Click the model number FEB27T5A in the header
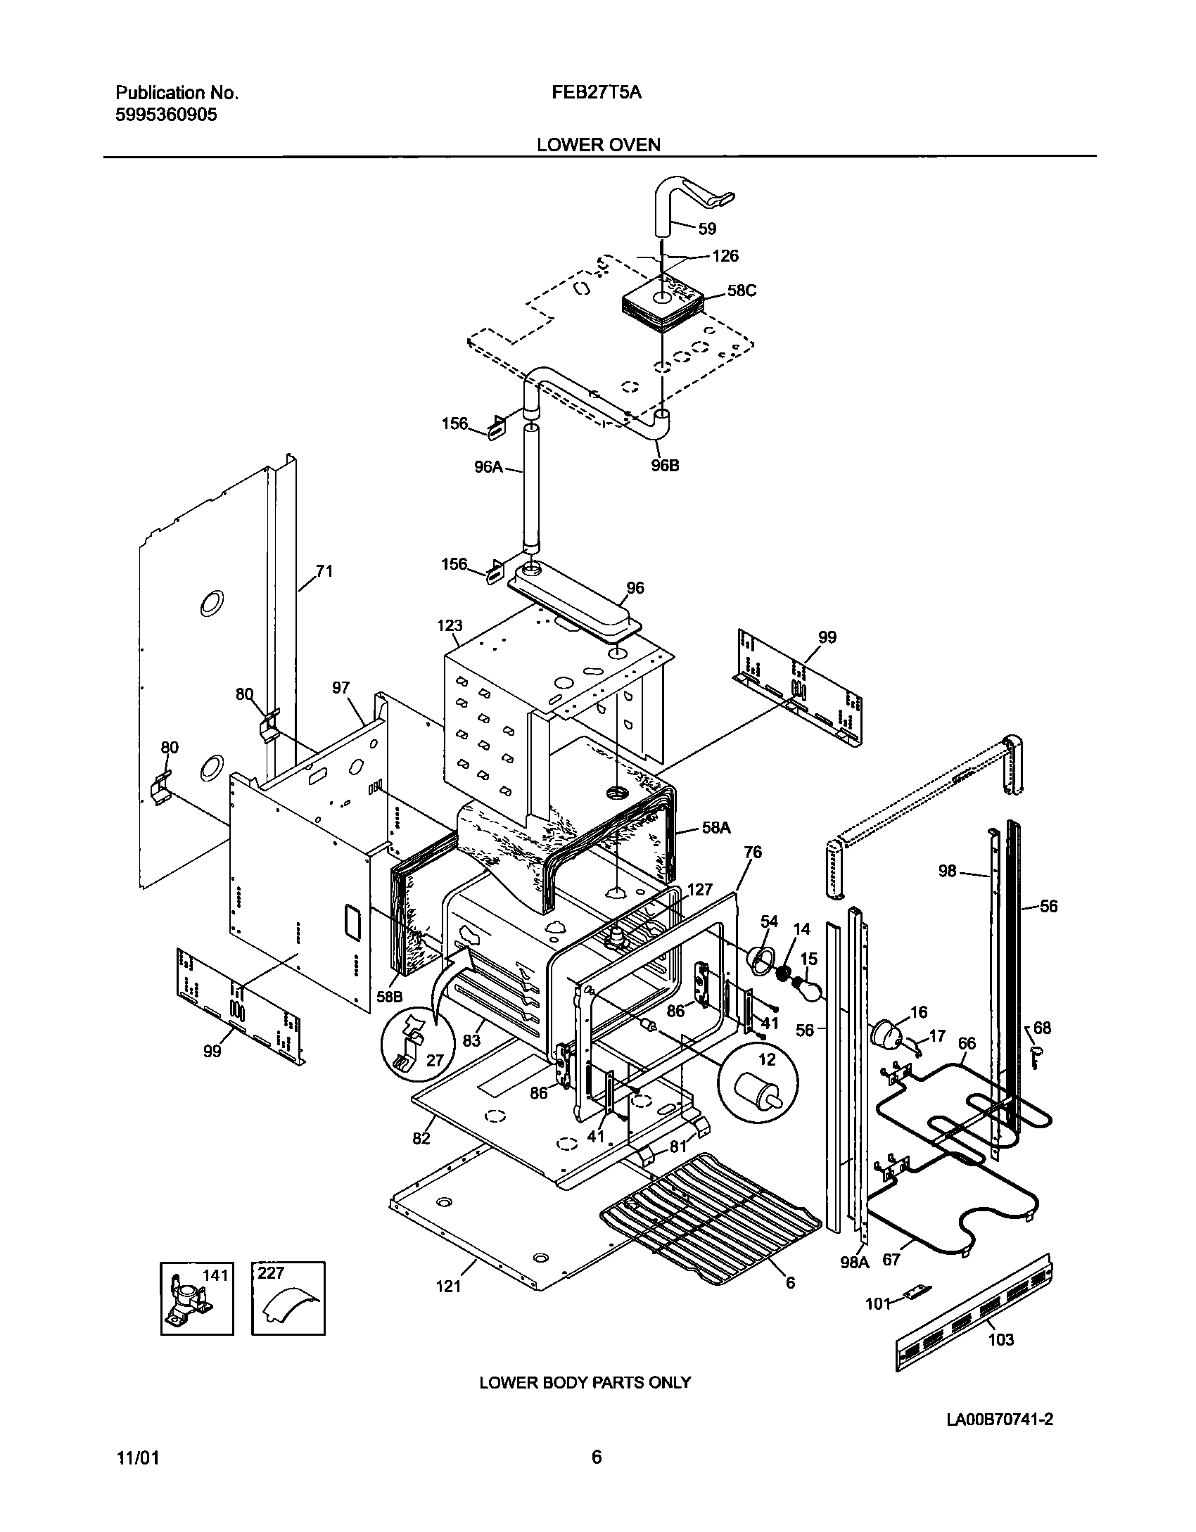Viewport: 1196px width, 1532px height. coord(597,92)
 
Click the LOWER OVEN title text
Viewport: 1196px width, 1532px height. coord(598,145)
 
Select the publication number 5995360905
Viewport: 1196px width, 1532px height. coord(166,115)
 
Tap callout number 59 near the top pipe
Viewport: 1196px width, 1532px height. coord(706,229)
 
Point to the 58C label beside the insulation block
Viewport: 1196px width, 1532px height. coord(742,291)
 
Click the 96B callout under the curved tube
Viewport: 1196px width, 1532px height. coord(664,466)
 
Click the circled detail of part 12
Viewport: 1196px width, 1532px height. coord(758,1087)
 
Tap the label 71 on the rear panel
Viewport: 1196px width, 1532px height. coord(324,571)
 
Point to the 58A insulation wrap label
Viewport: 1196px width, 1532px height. coord(715,828)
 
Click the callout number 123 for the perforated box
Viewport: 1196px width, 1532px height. coord(450,625)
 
